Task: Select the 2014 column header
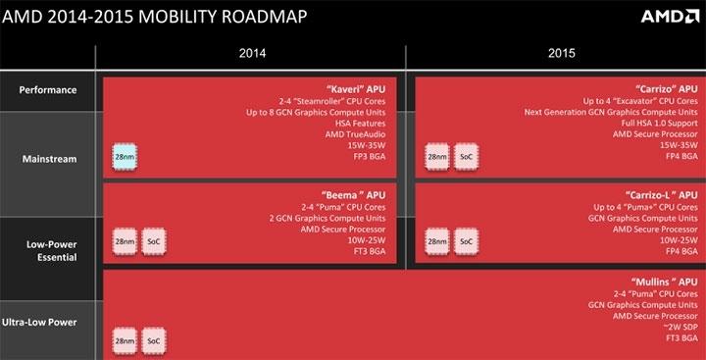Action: click(253, 54)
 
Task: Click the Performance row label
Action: click(48, 91)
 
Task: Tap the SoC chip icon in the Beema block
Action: click(155, 241)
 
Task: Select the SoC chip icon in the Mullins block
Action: click(155, 340)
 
